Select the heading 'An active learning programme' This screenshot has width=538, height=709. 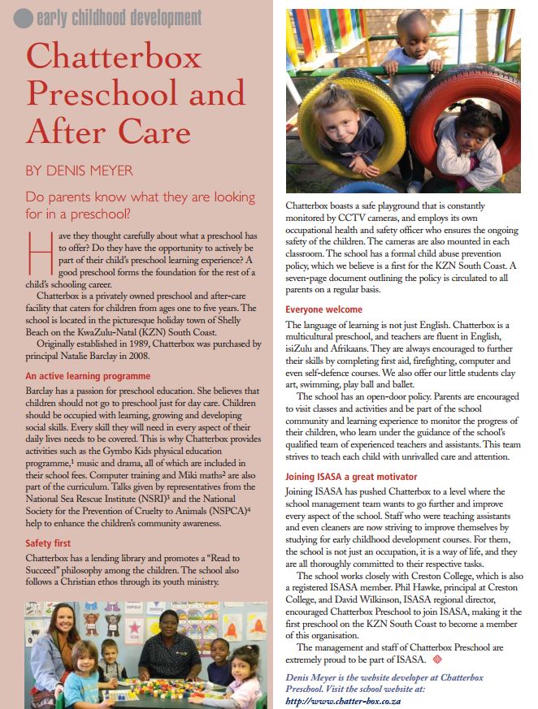(88, 376)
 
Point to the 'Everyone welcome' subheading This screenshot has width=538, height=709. (323, 309)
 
